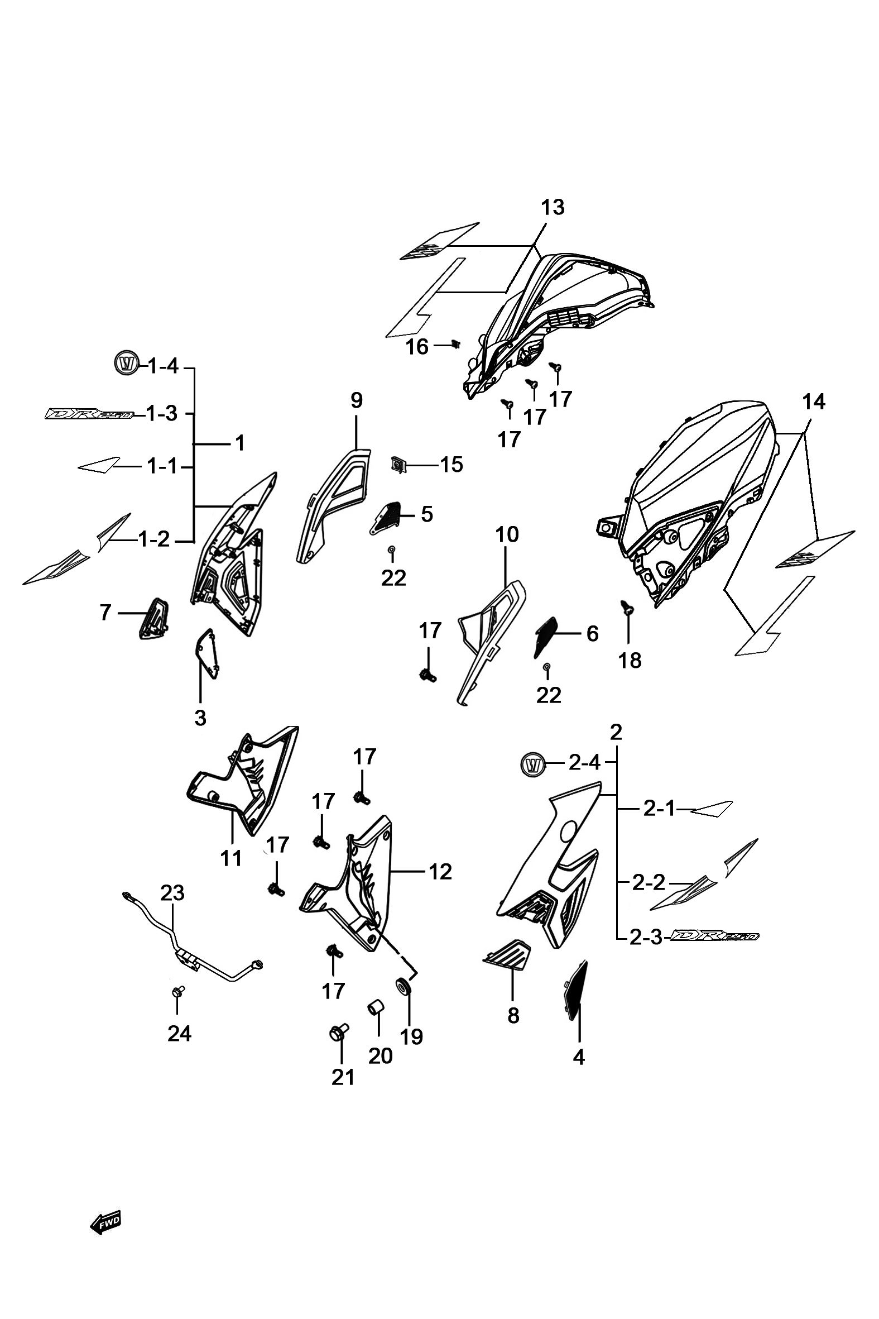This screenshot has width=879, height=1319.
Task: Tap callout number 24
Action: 179,1033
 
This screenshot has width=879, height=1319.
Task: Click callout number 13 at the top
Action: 553,208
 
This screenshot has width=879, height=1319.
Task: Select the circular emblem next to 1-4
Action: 127,364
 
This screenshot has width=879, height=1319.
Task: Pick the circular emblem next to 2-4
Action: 534,765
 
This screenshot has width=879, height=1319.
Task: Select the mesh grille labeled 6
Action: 546,637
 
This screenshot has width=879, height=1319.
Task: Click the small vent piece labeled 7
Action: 154,618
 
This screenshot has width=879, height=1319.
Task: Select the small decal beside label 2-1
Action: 711,809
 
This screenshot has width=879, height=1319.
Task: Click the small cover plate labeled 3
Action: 208,654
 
